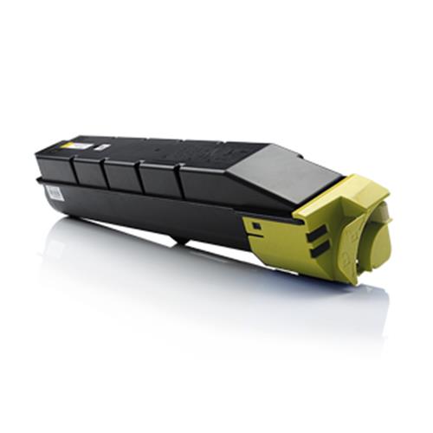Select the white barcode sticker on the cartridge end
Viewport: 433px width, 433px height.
(x=54, y=192)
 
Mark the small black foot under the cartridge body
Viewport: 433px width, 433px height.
(x=178, y=238)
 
